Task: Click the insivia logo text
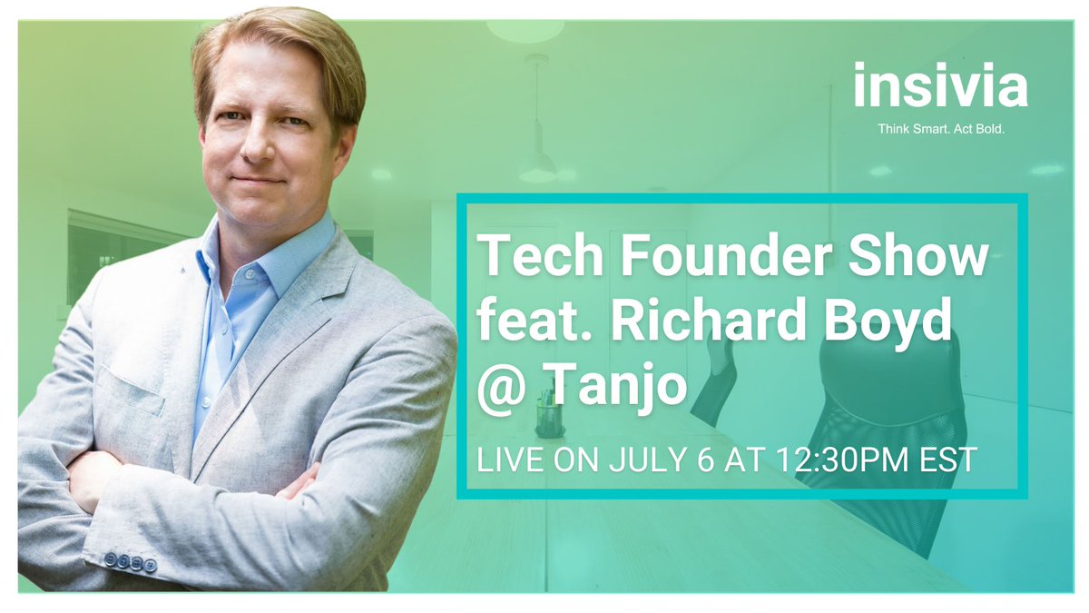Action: point(940,87)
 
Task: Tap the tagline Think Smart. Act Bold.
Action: point(941,130)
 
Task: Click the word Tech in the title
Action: point(528,256)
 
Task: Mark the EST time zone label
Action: point(947,460)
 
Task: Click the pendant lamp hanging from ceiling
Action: point(537,163)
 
